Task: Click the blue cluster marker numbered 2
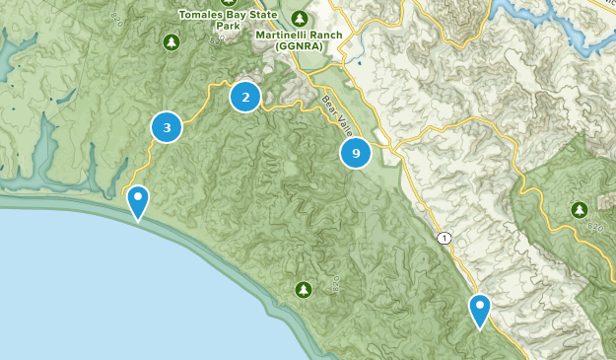click(x=245, y=97)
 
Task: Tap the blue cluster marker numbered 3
click(x=167, y=127)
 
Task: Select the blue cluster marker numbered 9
click(x=355, y=152)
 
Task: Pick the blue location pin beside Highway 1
click(x=480, y=310)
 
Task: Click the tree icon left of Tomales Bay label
click(x=171, y=42)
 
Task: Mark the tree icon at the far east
click(x=580, y=209)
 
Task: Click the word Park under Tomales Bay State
click(x=226, y=28)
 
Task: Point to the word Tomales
click(x=202, y=15)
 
